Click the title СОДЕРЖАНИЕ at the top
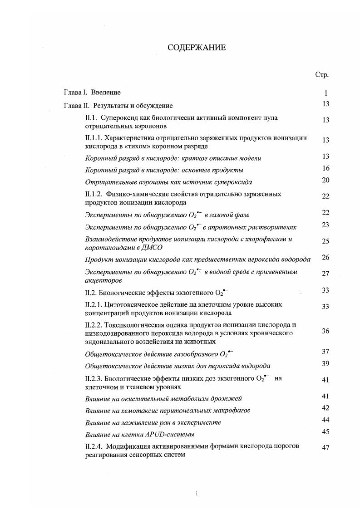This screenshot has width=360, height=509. (x=197, y=48)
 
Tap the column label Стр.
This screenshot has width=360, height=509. (x=322, y=75)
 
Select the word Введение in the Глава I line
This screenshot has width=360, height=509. (x=106, y=93)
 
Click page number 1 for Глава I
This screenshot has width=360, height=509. (x=325, y=93)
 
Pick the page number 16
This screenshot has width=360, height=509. (x=325, y=168)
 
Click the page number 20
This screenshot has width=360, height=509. (x=325, y=180)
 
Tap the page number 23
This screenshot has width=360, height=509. (x=325, y=225)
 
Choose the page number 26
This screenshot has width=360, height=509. (x=325, y=258)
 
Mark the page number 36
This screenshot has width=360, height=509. (x=325, y=331)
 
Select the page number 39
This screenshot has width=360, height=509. (x=325, y=364)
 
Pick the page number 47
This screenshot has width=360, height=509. (x=325, y=448)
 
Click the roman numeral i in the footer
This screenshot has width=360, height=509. (x=196, y=493)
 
